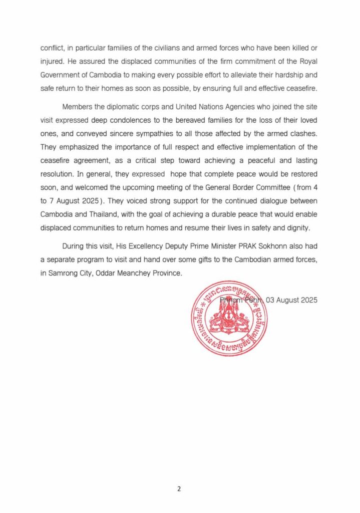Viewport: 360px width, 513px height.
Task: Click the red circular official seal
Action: coord(229,319)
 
